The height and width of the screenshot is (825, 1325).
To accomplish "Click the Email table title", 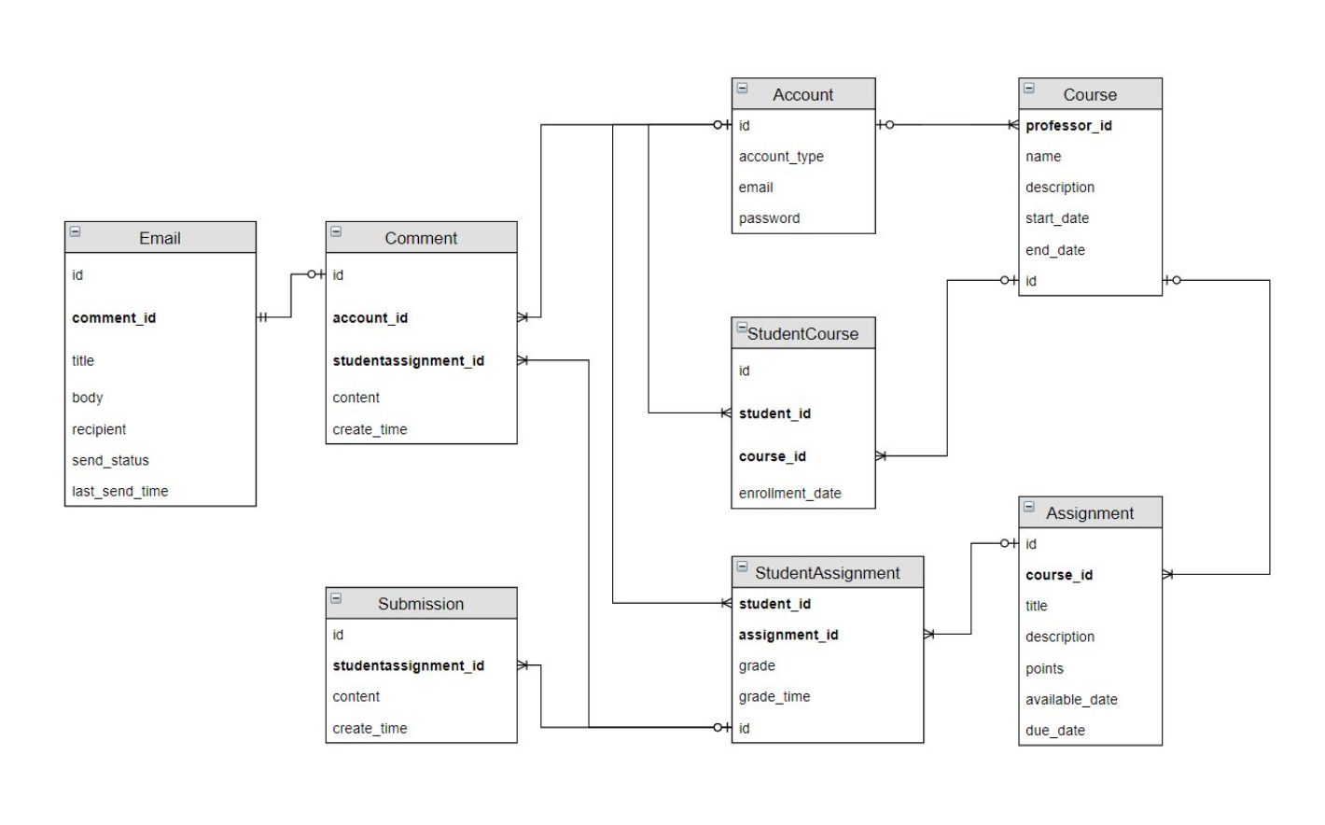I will tap(160, 238).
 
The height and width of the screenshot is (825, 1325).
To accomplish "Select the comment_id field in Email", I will tap(114, 318).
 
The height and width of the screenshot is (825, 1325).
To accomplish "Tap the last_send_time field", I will tap(120, 491).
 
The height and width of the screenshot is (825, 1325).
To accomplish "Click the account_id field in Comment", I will tap(370, 318).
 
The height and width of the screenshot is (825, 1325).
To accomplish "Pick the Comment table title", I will tap(421, 238).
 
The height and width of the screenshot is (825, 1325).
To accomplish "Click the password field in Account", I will tap(769, 218).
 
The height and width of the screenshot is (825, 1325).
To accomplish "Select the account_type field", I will tap(781, 157).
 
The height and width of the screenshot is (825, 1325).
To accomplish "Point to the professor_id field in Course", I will tap(1068, 126).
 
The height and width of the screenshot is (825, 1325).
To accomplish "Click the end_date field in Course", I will tap(1055, 250).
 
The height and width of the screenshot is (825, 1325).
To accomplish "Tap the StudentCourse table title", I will tap(802, 334).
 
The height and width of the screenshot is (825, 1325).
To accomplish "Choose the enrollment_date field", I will tap(789, 494).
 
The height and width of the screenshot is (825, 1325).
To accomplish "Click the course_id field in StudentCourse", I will tap(773, 456).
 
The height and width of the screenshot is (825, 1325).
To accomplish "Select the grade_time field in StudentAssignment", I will tap(774, 696).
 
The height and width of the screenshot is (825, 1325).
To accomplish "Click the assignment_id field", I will tap(788, 635).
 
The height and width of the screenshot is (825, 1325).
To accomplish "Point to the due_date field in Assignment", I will tap(1055, 731).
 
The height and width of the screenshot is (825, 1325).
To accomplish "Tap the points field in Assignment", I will tap(1044, 668).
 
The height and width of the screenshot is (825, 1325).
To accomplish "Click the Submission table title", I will tap(421, 604).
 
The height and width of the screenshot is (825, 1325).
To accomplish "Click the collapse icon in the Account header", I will tap(743, 89).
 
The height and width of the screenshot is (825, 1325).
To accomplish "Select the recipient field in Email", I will tap(99, 429).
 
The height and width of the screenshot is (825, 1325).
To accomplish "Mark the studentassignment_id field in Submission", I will tap(409, 665).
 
